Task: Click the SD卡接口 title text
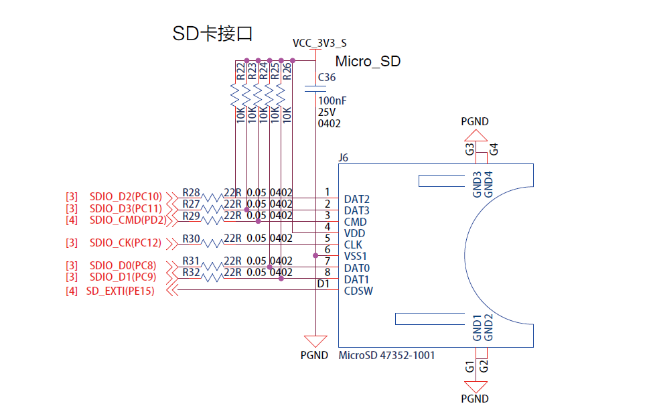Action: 212,33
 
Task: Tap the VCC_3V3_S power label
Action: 319,43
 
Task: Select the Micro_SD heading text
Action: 368,61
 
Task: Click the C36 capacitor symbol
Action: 315,88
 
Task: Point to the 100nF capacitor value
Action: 332,100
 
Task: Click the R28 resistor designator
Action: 192,192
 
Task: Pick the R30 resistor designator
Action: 192,238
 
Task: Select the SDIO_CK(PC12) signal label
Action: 125,243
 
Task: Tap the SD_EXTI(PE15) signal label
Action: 120,291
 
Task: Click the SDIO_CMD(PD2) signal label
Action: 128,220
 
